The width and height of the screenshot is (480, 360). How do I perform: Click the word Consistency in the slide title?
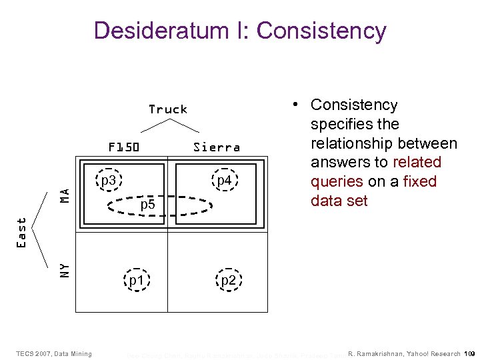tap(321, 31)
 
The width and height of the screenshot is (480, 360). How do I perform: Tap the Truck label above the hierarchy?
tap(168, 109)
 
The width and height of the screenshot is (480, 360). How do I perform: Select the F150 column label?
tap(124, 147)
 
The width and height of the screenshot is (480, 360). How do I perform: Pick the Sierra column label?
tap(217, 147)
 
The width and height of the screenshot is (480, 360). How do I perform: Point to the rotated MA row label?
tap(65, 194)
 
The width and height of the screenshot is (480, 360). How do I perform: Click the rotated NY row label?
tap(65, 269)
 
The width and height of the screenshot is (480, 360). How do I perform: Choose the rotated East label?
tap(22, 233)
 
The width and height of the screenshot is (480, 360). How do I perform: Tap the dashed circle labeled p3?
tap(109, 181)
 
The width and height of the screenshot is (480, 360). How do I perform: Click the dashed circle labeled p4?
tap(224, 181)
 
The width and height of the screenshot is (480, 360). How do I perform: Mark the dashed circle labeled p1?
tap(137, 281)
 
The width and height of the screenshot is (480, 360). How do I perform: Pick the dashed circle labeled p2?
tap(228, 281)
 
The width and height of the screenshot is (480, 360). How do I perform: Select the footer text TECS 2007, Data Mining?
tap(54, 353)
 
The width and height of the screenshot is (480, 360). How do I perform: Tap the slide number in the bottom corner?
tap(469, 353)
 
